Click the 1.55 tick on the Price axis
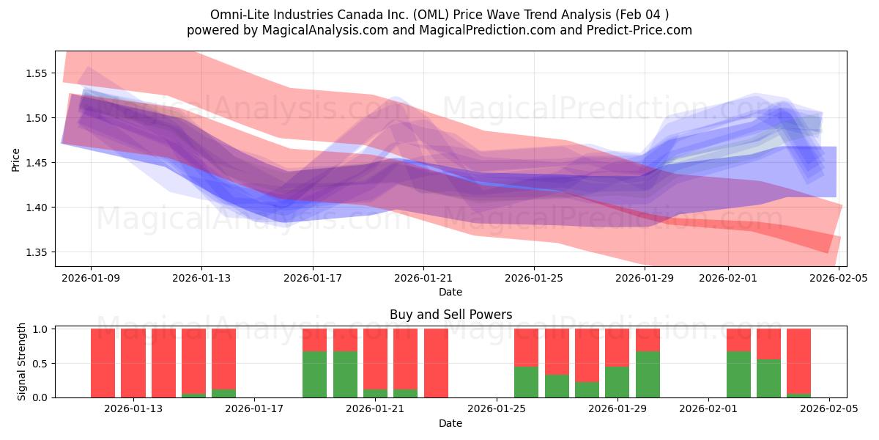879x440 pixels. tap(37, 73)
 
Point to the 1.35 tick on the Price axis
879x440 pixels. tap(37, 252)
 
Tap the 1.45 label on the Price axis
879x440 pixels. tap(37, 163)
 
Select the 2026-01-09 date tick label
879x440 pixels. tap(91, 278)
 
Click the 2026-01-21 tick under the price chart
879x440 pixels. tap(423, 278)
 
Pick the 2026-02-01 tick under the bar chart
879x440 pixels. tap(708, 409)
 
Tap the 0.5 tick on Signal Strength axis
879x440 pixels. tap(40, 363)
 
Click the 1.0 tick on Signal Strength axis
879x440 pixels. tap(40, 329)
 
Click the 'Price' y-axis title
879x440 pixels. tap(16, 158)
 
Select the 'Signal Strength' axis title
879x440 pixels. tap(22, 362)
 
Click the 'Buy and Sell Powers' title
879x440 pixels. tap(450, 315)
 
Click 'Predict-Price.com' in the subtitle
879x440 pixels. tap(644, 30)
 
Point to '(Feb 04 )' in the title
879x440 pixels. tap(640, 15)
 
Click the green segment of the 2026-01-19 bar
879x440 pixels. tap(314, 374)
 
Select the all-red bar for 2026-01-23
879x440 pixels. tap(436, 363)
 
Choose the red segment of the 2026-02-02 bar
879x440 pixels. tap(738, 340)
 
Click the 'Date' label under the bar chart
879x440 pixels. tap(450, 423)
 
